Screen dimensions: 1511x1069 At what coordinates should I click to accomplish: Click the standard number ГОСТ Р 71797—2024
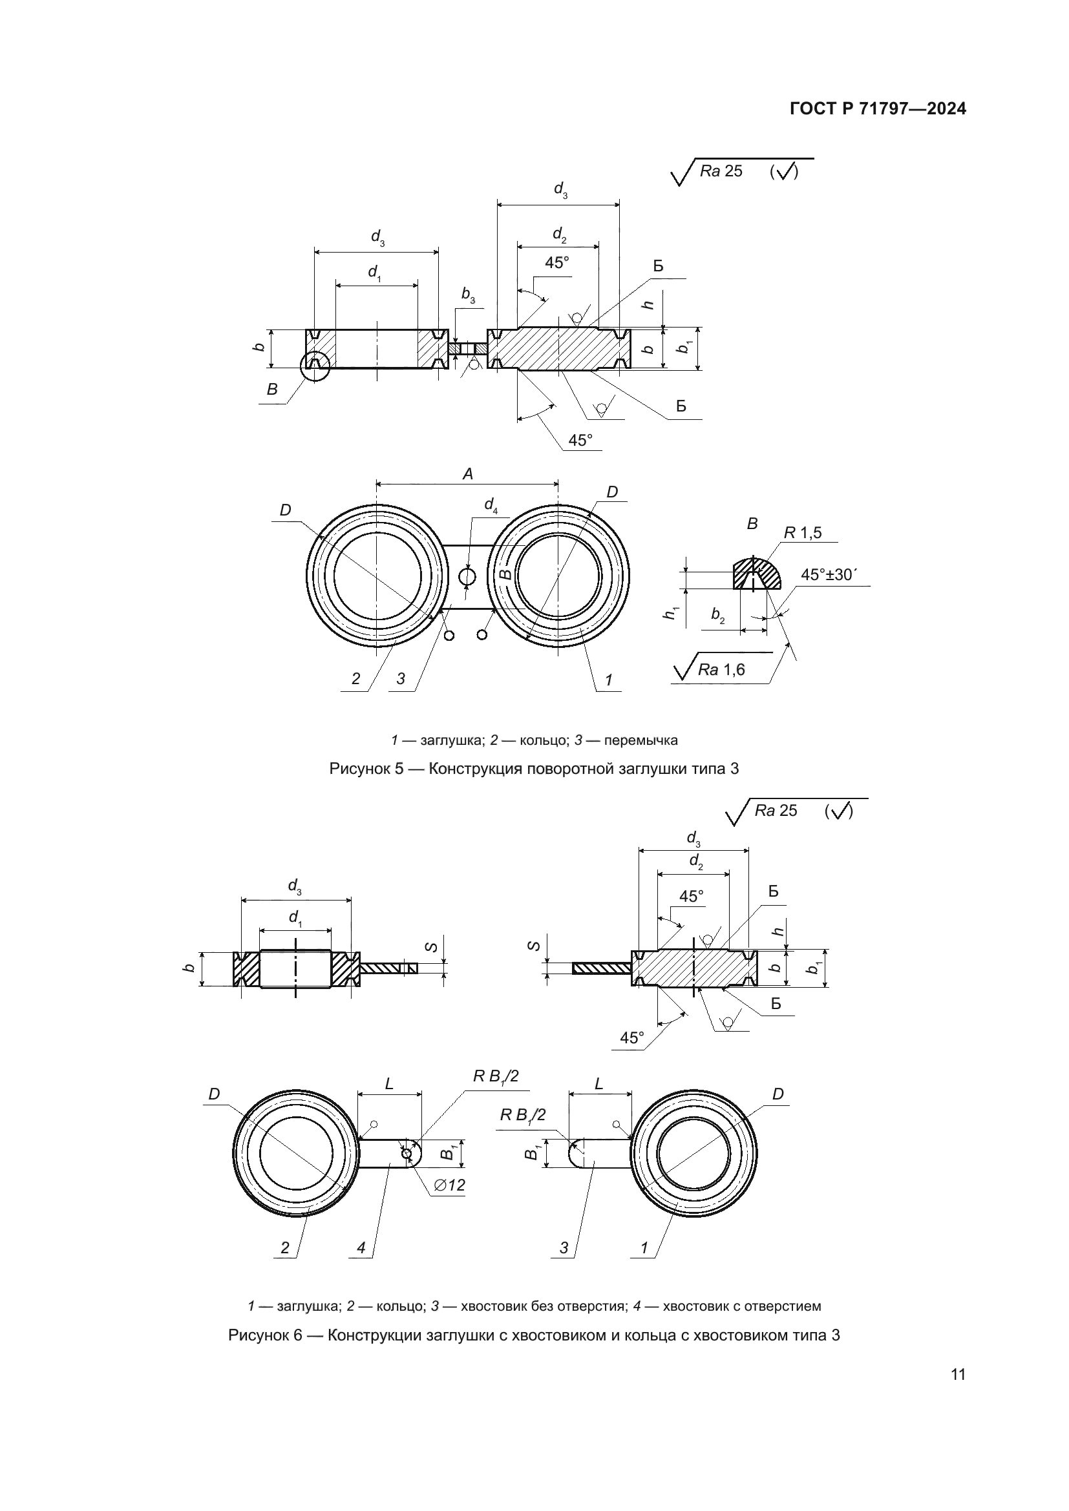878,109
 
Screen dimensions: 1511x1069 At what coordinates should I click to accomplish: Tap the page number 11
958,1374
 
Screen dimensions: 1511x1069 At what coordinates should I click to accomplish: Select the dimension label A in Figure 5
467,474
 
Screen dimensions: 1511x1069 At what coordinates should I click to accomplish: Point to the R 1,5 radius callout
803,532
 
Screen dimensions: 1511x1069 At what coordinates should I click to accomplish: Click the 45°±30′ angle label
829,574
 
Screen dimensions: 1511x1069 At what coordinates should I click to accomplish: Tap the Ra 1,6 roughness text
721,670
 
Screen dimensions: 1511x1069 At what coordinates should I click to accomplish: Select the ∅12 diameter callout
450,1185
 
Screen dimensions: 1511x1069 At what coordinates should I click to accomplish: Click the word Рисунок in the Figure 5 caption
359,769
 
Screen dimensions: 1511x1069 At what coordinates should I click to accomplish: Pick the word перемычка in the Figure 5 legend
640,740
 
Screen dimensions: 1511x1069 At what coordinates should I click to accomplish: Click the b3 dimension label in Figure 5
468,295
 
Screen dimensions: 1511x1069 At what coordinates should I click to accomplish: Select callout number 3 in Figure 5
401,678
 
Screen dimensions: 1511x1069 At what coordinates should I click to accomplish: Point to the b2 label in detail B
717,616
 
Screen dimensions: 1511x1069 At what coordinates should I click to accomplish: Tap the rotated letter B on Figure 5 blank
505,573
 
